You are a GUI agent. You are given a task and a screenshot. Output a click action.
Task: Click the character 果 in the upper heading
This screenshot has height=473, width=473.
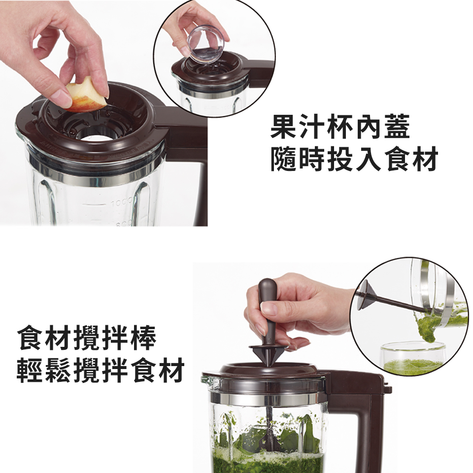pyautogui.click(x=284, y=127)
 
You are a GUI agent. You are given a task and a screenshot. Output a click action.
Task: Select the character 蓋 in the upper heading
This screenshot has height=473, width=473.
pyautogui.click(x=397, y=127)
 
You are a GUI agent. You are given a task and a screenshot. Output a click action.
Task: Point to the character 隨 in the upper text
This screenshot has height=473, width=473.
pyautogui.click(x=284, y=159)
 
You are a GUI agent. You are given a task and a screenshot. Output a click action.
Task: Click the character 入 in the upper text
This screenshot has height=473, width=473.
pyautogui.click(x=369, y=159)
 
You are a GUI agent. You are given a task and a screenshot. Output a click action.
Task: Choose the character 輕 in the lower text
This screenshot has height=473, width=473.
pyautogui.click(x=30, y=370)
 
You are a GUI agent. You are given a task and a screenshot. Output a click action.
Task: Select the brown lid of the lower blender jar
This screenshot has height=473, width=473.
pyautogui.click(x=266, y=373)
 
